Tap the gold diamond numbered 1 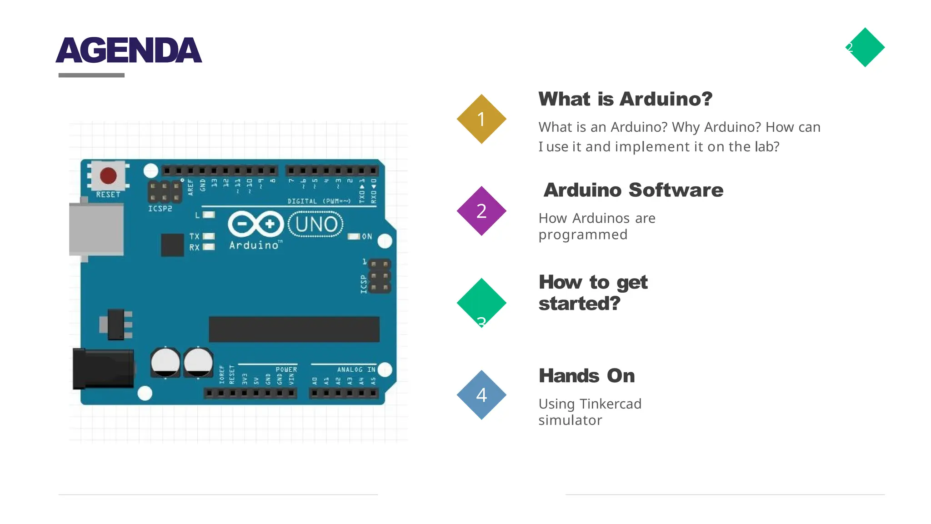[x=481, y=119]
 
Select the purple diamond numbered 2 [x=481, y=211]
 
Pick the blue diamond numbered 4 [x=481, y=394]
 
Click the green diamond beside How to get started [x=481, y=302]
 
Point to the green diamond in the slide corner [x=865, y=47]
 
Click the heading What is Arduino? [x=625, y=99]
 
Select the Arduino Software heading [x=633, y=190]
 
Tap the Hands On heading [x=586, y=376]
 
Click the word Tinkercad [x=610, y=404]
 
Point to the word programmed [x=583, y=235]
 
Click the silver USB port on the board [x=96, y=229]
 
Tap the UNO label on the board [x=316, y=224]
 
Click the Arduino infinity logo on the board [x=255, y=224]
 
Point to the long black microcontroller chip [x=294, y=329]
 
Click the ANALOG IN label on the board [x=356, y=369]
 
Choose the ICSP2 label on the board [x=160, y=209]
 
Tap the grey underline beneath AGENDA [x=91, y=75]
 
